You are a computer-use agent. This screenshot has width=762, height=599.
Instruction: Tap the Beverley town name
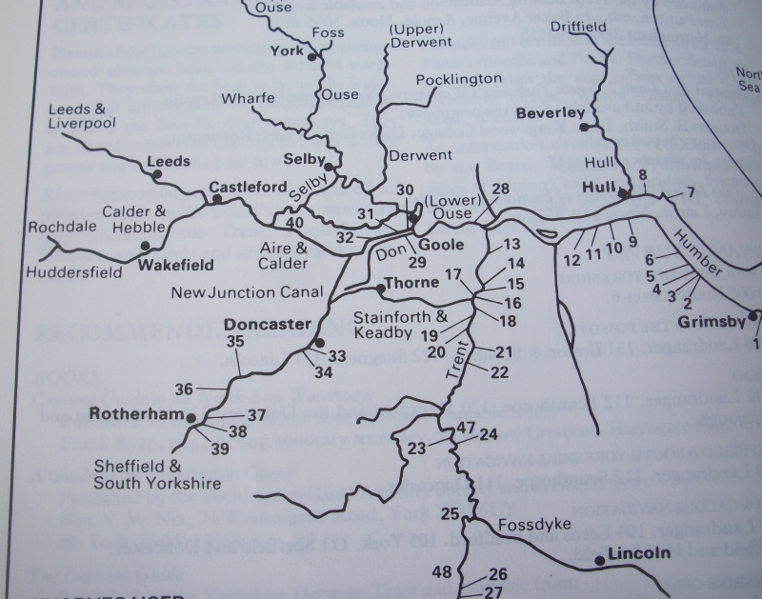pos(551,113)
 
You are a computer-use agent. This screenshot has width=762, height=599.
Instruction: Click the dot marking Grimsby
pos(752,316)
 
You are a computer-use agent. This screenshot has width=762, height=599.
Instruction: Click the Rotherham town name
pos(134,414)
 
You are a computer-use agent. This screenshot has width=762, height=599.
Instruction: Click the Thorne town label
pos(411,283)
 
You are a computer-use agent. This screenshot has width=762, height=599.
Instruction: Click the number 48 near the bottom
pos(441,572)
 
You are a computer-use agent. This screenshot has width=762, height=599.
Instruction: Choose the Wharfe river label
pos(248,98)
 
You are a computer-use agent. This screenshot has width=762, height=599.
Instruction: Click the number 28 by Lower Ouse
pos(501,190)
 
